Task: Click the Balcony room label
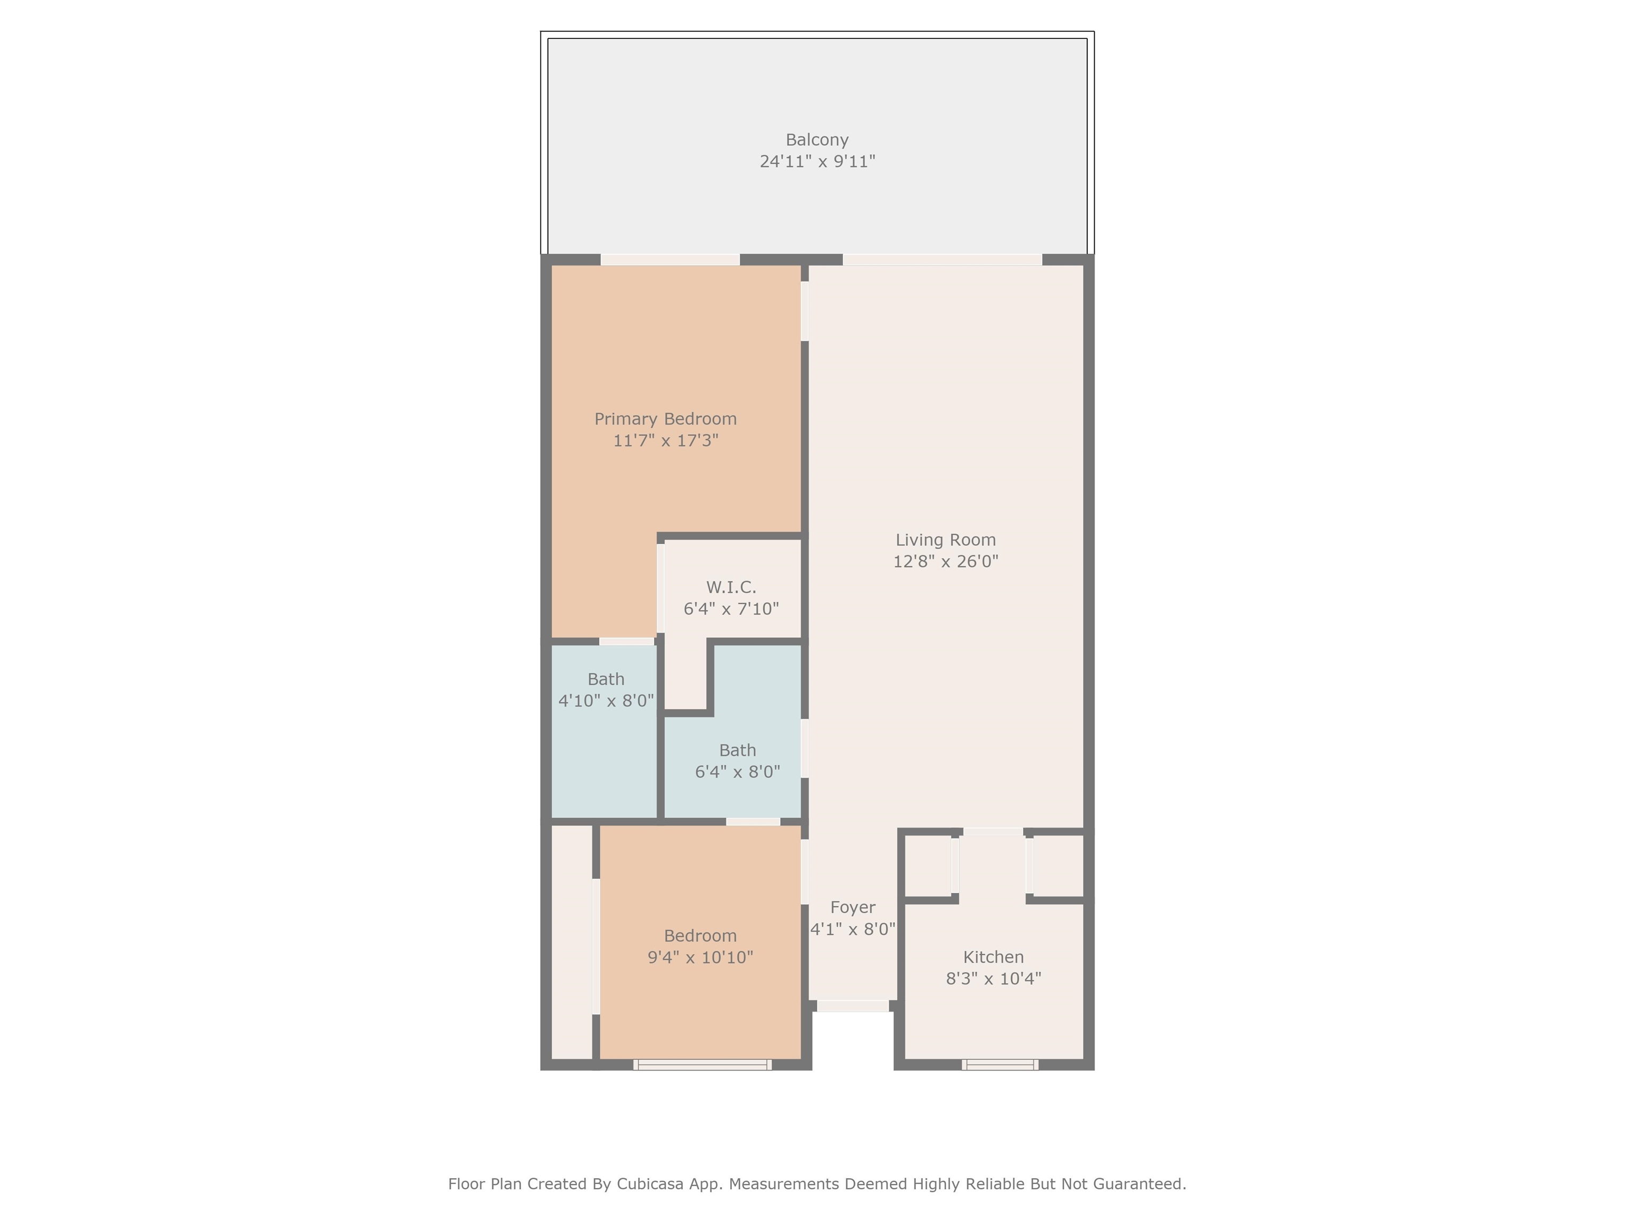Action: [817, 139]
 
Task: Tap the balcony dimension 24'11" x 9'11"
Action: [817, 161]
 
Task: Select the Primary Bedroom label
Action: [665, 419]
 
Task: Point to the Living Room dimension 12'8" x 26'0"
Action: [945, 561]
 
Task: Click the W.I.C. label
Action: [731, 587]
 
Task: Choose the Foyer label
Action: [852, 907]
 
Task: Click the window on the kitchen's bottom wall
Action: [1000, 1065]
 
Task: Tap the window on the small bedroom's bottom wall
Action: [702, 1065]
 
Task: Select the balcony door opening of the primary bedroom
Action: [670, 259]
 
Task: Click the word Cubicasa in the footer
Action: [648, 1184]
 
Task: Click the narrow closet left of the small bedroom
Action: [572, 942]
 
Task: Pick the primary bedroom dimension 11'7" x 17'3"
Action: [665, 441]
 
